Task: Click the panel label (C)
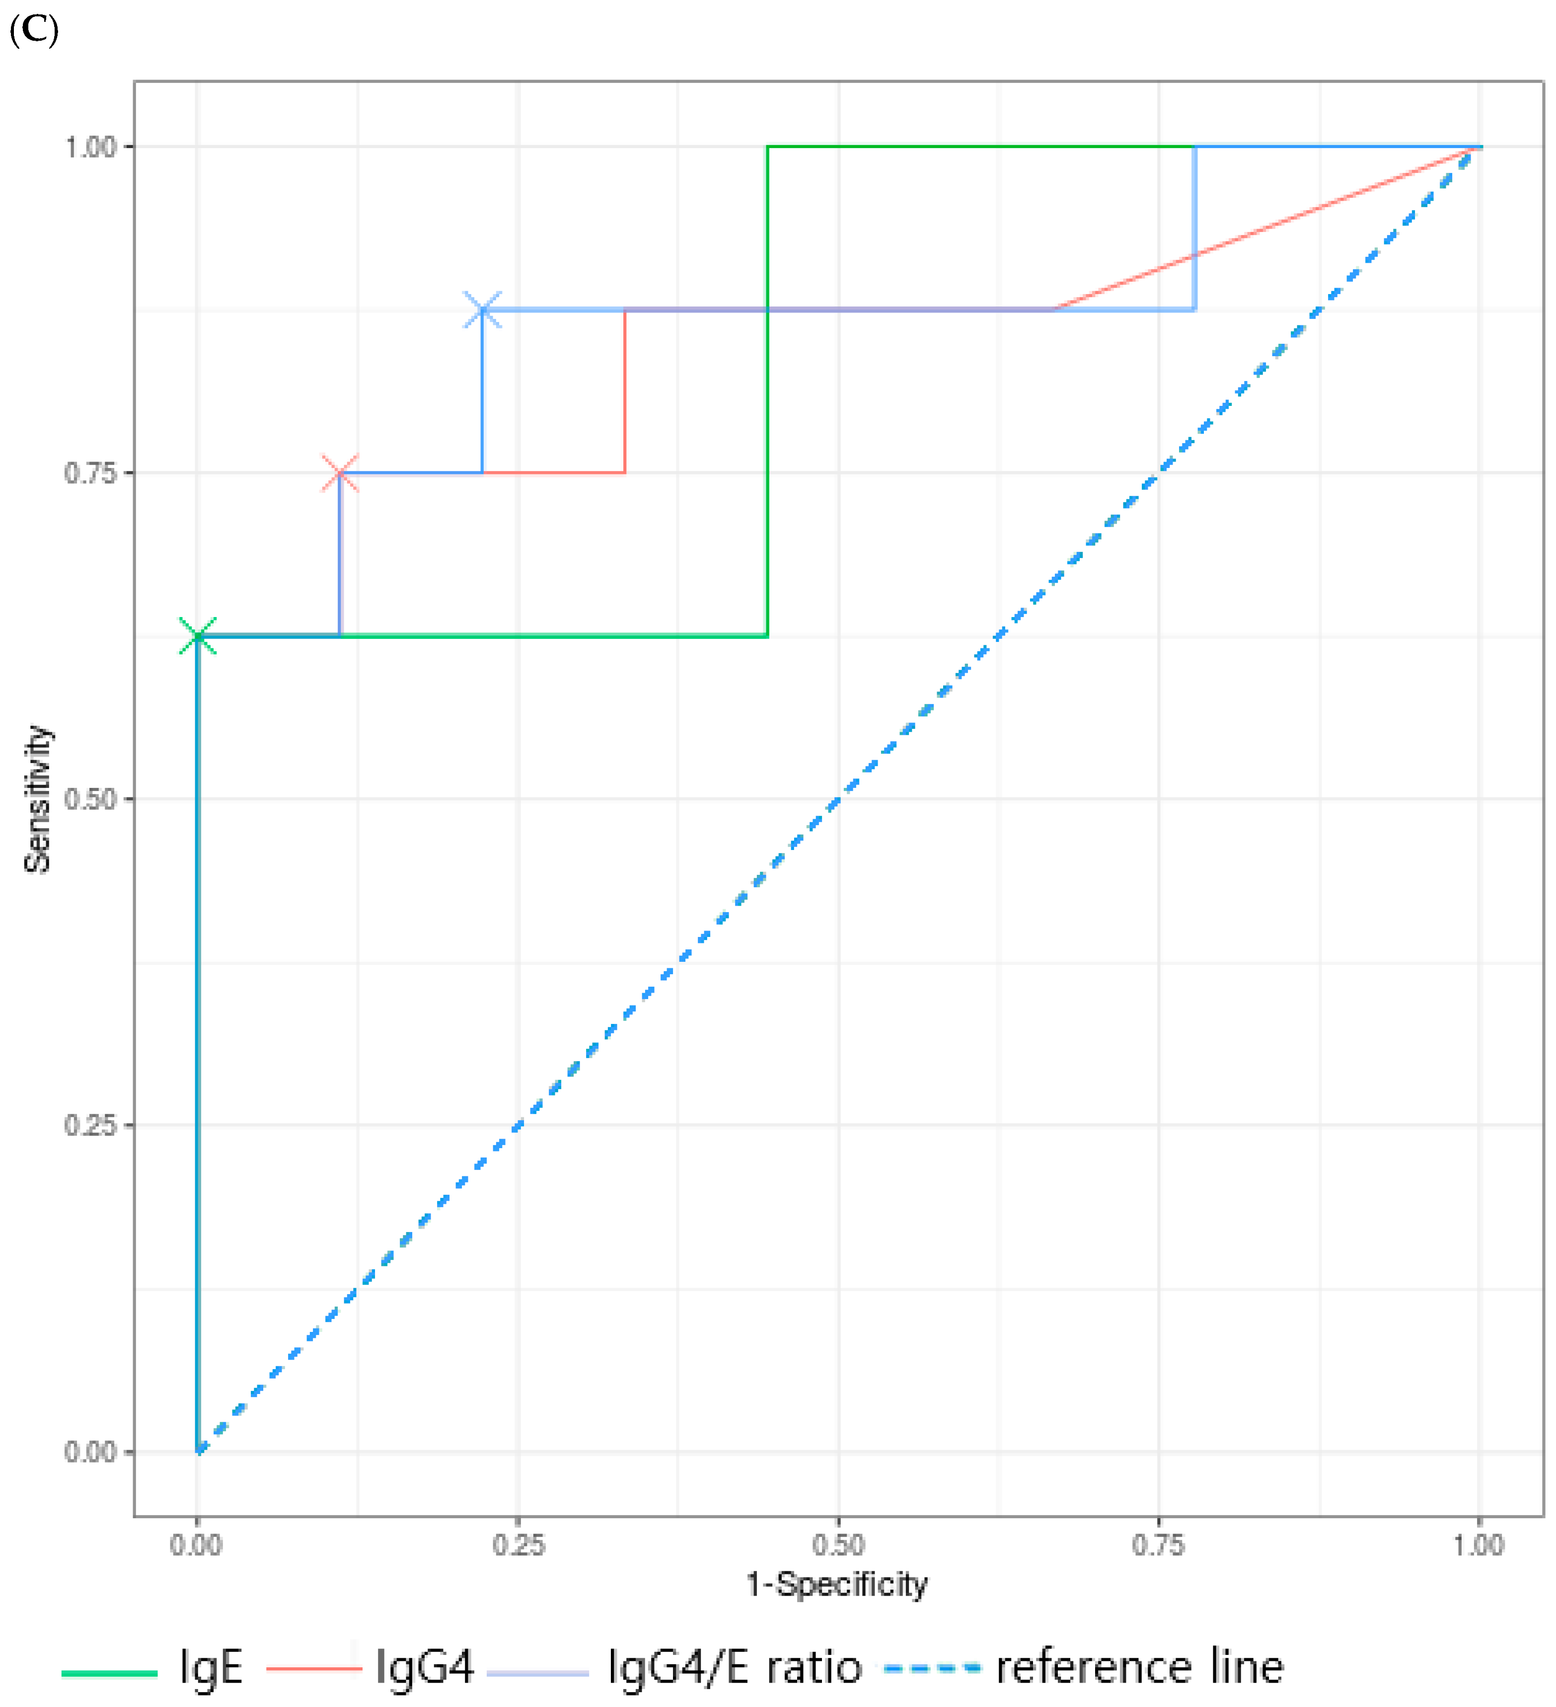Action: (x=34, y=30)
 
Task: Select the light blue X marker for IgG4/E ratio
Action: (x=483, y=310)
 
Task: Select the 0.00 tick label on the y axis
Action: (x=90, y=1451)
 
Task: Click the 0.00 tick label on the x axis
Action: (x=196, y=1545)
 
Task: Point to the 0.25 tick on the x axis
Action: (x=518, y=1545)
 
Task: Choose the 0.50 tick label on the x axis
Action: (x=838, y=1545)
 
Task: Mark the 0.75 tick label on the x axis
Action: (x=1159, y=1545)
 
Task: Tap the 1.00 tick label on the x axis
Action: (x=1479, y=1545)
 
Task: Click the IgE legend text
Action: (x=211, y=1667)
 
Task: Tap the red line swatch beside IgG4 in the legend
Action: (x=314, y=1669)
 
